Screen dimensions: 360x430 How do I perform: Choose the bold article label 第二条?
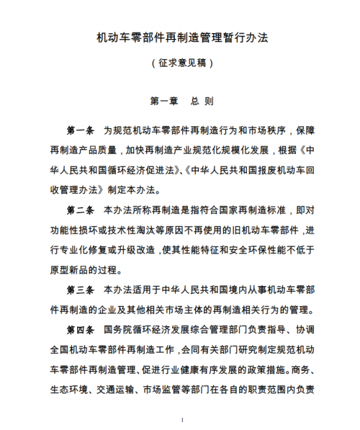[x=80, y=211]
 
